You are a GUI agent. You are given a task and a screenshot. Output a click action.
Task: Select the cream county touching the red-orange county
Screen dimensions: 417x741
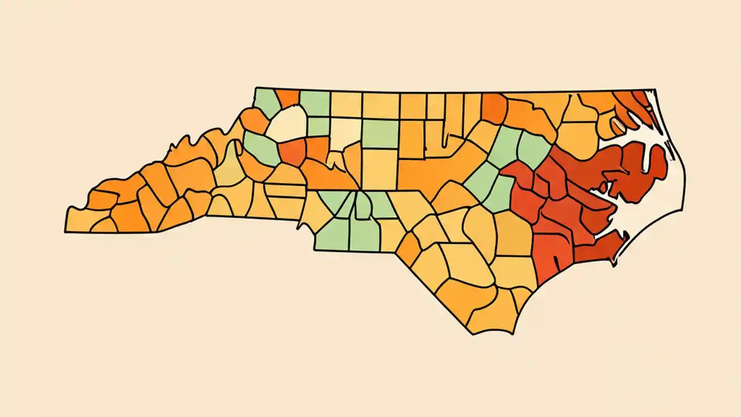[288, 123]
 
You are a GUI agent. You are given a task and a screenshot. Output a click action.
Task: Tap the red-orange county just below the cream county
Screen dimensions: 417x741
[293, 151]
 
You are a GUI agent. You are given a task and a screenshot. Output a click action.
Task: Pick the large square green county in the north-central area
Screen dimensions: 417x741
[380, 133]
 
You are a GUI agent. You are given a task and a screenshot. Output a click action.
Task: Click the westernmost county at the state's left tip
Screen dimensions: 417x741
[78, 220]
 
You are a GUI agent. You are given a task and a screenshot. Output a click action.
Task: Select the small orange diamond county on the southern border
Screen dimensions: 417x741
[408, 249]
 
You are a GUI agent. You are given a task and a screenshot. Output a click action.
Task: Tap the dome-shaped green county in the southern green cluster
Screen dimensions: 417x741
[363, 206]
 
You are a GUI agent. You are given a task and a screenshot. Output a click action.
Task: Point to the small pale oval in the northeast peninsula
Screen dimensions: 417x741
[618, 124]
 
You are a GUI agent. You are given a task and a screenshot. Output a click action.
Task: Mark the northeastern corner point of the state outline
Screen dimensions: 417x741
[654, 90]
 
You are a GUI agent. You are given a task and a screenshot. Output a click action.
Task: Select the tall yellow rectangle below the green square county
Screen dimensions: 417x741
[379, 169]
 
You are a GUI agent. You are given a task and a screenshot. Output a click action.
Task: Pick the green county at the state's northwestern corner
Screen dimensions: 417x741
[266, 102]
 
